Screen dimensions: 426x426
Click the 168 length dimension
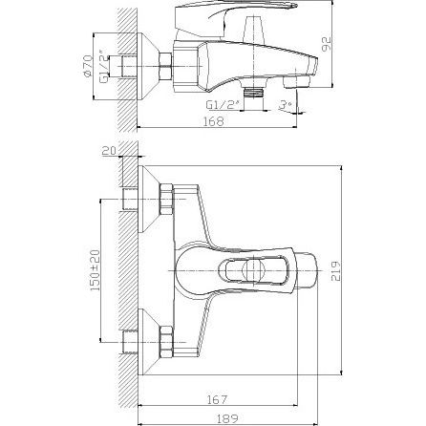pyautogui.click(x=213, y=121)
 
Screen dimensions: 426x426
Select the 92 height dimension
pyautogui.click(x=326, y=44)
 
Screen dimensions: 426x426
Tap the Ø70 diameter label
pyautogui.click(x=87, y=66)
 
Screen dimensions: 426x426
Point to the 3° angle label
pyautogui.click(x=285, y=105)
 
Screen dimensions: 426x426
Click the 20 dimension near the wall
pyautogui.click(x=110, y=151)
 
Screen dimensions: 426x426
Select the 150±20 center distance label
pyautogui.click(x=95, y=270)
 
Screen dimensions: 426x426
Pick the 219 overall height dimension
pyautogui.click(x=335, y=271)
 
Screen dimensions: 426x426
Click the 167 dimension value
pyautogui.click(x=217, y=399)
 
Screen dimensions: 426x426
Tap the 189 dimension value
pyautogui.click(x=227, y=418)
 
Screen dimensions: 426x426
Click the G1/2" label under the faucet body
pyautogui.click(x=224, y=105)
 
